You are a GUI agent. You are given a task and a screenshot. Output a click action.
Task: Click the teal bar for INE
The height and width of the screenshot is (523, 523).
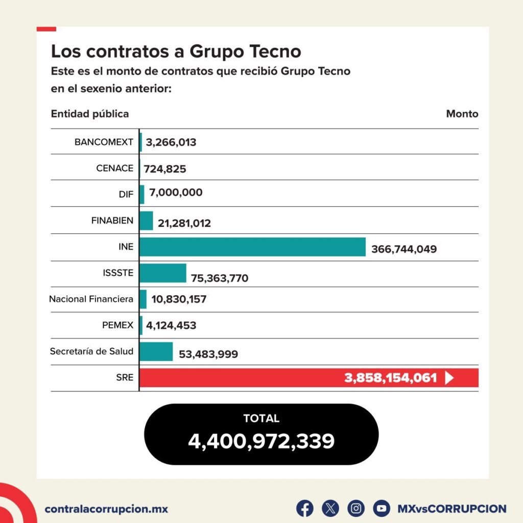pyautogui.click(x=252, y=247)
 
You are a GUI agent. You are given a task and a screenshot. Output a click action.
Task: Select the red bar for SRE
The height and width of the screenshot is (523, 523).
pyautogui.click(x=240, y=378)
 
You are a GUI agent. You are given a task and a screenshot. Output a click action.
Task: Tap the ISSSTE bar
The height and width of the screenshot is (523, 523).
pyautogui.click(x=162, y=273)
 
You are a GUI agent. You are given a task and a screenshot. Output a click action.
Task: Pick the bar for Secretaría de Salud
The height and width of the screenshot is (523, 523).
pyautogui.click(x=156, y=351)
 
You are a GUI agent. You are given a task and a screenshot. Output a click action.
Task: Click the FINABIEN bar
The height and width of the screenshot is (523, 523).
pyautogui.click(x=146, y=221)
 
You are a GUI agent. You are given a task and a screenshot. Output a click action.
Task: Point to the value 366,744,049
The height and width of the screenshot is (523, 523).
pyautogui.click(x=404, y=249)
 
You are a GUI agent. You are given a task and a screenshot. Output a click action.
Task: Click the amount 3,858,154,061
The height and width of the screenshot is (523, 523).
pyautogui.click(x=391, y=378)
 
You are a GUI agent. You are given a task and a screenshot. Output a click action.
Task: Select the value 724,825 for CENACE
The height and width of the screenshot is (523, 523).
pyautogui.click(x=165, y=169)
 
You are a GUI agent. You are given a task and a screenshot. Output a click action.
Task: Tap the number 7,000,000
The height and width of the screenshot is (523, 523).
pyautogui.click(x=176, y=193)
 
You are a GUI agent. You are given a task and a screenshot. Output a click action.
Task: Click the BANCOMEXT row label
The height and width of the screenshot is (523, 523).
pyautogui.click(x=104, y=142)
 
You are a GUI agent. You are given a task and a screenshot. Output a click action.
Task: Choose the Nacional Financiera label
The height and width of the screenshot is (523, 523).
pyautogui.click(x=91, y=299)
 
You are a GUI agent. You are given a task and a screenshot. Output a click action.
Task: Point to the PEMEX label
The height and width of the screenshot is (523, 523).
pyautogui.click(x=117, y=325)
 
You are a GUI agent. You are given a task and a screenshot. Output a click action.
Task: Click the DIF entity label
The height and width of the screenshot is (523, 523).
pyautogui.click(x=126, y=194)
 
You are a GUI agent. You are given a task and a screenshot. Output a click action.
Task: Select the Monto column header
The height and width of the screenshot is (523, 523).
pyautogui.click(x=462, y=113)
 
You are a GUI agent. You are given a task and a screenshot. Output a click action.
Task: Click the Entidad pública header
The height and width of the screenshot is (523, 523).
pyautogui.click(x=90, y=113)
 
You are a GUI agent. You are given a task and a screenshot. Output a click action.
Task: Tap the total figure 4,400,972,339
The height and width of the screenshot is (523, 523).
pyautogui.click(x=261, y=441)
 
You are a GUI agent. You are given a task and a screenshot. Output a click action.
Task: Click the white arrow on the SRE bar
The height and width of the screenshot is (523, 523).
pyautogui.click(x=449, y=378)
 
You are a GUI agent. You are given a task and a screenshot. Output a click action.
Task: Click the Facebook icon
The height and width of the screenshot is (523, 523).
pyautogui.click(x=305, y=508)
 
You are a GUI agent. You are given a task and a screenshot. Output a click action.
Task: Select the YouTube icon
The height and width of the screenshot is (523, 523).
pyautogui.click(x=381, y=508)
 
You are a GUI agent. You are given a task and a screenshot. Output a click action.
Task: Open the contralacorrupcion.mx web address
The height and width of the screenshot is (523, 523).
pyautogui.click(x=106, y=509)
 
